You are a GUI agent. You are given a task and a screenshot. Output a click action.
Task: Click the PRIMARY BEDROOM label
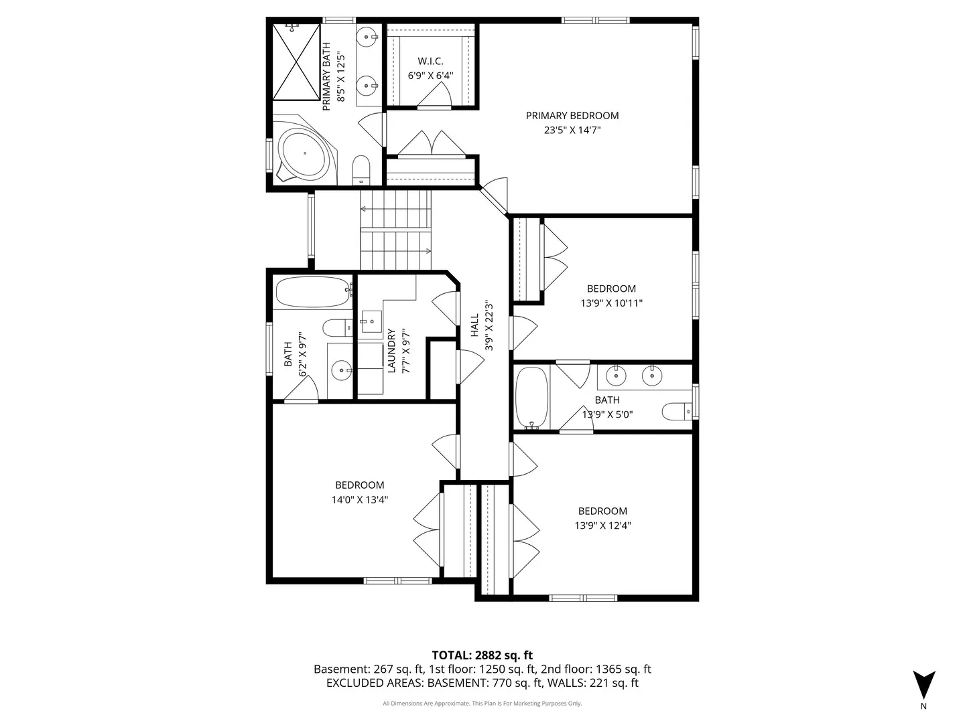pyautogui.click(x=572, y=115)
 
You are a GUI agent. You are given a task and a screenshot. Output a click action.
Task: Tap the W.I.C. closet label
pyautogui.click(x=430, y=61)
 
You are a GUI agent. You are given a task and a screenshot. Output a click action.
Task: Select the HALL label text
pyautogui.click(x=474, y=325)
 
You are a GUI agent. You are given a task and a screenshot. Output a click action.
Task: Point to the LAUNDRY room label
pyautogui.click(x=391, y=351)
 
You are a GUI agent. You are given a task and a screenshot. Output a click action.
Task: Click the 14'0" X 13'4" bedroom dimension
pyautogui.click(x=360, y=499)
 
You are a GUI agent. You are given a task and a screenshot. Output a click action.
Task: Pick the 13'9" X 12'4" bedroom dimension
pyautogui.click(x=602, y=526)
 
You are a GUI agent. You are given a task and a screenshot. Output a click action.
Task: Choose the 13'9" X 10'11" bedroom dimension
pyautogui.click(x=611, y=303)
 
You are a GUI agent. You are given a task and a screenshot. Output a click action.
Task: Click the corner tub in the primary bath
pyautogui.click(x=305, y=152)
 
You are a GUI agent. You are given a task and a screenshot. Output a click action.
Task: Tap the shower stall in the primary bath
pyautogui.click(x=296, y=62)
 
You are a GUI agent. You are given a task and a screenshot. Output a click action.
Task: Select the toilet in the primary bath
pyautogui.click(x=361, y=170)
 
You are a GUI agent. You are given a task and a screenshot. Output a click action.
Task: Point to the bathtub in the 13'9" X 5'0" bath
pyautogui.click(x=531, y=398)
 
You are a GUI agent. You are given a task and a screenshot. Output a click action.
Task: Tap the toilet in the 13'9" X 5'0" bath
pyautogui.click(x=678, y=411)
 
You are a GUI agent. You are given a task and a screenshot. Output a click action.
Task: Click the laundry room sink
pyautogui.click(x=371, y=321)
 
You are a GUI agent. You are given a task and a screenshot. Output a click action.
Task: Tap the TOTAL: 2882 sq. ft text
pyautogui.click(x=482, y=655)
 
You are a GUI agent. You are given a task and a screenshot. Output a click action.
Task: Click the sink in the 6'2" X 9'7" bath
pyautogui.click(x=340, y=370)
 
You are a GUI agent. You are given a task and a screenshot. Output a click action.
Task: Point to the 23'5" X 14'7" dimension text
pyautogui.click(x=572, y=130)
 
